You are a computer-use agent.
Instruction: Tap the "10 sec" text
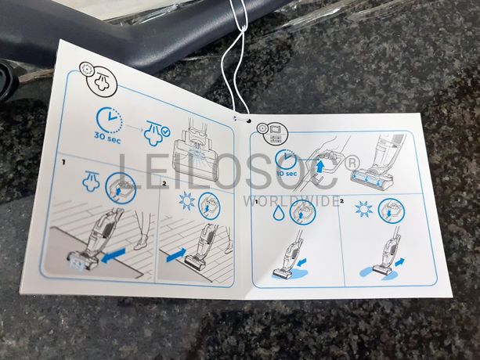(287, 174)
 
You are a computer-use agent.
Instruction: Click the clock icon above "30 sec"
(110, 120)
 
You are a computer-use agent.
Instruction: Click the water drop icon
(278, 212)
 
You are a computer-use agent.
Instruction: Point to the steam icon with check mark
(157, 133)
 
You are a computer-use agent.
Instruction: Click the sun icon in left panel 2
(186, 200)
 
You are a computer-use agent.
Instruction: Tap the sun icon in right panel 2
(364, 210)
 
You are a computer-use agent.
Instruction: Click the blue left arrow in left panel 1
(113, 256)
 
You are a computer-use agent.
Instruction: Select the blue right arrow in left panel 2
(176, 255)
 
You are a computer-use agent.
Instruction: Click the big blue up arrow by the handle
(320, 165)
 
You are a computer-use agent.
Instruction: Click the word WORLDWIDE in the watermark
(291, 201)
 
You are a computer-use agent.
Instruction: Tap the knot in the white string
(244, 29)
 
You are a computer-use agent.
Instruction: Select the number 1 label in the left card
(63, 162)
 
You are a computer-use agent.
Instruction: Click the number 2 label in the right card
(342, 201)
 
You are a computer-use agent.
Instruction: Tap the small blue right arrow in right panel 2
(400, 262)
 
